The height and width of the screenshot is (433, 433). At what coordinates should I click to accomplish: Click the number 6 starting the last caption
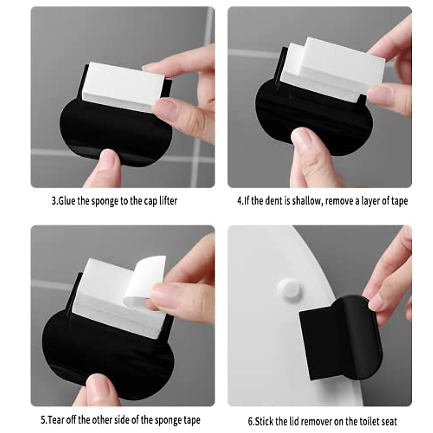pos(250,421)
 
